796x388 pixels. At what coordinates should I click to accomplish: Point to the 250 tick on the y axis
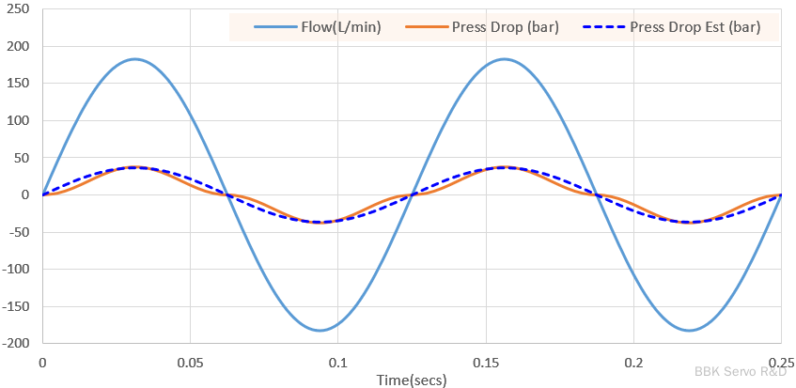[x=19, y=9]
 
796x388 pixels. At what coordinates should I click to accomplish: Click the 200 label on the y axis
[x=19, y=46]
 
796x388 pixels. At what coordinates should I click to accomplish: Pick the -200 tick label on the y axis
[x=16, y=343]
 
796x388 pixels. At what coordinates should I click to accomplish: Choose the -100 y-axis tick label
[x=16, y=269]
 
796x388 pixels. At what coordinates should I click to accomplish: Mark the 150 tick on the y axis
[x=19, y=84]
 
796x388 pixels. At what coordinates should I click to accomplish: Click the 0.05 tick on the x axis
[x=190, y=362]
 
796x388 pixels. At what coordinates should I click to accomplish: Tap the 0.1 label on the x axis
[x=338, y=362]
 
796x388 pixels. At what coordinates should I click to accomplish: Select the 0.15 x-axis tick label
[x=486, y=362]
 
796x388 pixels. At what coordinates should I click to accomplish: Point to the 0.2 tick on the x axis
[x=633, y=362]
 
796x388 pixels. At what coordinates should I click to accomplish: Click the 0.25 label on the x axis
[x=780, y=362]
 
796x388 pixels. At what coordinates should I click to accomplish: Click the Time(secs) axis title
[x=412, y=380]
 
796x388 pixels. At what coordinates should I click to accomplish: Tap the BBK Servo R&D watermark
[x=741, y=372]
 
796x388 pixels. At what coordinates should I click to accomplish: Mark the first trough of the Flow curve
[x=320, y=330]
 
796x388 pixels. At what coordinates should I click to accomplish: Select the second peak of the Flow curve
[x=506, y=59]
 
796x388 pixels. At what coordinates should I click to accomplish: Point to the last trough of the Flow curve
[x=690, y=330]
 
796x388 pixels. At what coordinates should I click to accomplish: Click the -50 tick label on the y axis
[x=19, y=232]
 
